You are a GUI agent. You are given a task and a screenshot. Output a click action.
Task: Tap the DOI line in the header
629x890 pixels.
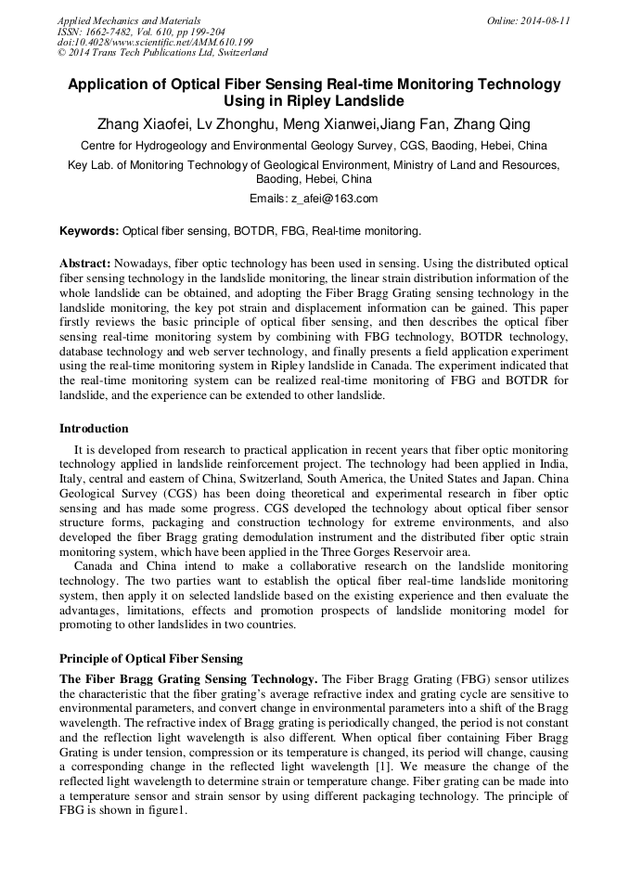155,43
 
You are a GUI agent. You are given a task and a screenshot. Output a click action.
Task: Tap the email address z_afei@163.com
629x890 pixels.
334,199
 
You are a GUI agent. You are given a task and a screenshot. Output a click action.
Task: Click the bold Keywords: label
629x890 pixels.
89,230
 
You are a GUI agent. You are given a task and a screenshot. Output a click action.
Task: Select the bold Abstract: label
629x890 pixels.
85,263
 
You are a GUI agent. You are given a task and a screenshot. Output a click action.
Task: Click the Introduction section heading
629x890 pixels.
94,428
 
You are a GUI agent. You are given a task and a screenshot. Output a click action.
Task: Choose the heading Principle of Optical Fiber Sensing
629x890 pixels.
150,658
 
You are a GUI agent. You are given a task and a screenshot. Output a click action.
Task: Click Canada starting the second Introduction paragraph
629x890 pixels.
94,567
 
